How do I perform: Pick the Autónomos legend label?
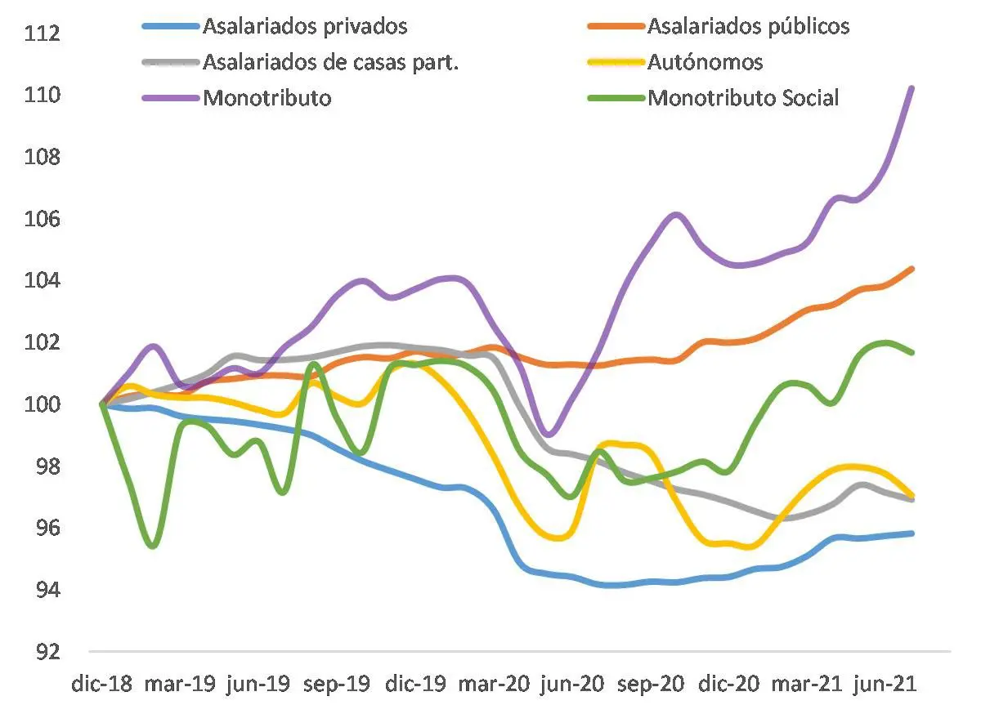[x=705, y=62]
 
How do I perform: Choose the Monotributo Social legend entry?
[x=743, y=98]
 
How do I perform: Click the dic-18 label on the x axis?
[x=100, y=685]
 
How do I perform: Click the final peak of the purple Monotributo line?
[x=912, y=87]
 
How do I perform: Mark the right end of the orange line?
[x=912, y=268]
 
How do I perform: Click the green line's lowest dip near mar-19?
[x=153, y=546]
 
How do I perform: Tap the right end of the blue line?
[x=912, y=533]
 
